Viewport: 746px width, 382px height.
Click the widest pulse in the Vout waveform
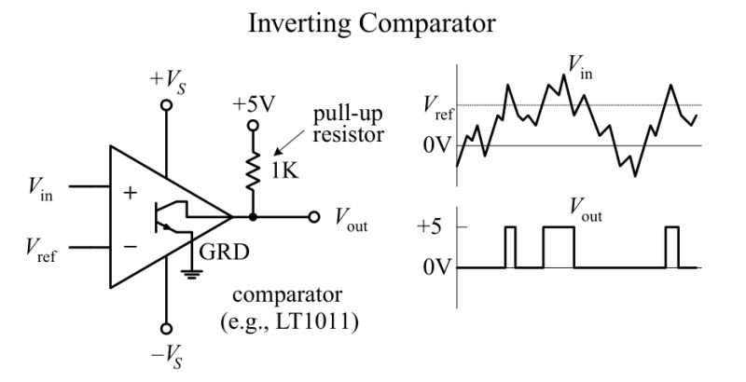coord(559,247)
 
